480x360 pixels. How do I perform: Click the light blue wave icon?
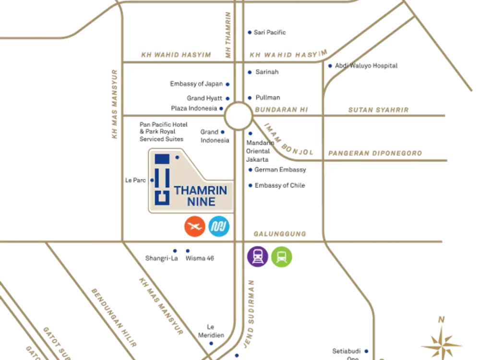pyautogui.click(x=220, y=227)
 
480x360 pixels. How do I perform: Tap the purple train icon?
pyautogui.click(x=258, y=256)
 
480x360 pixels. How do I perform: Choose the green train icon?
pyautogui.click(x=281, y=256)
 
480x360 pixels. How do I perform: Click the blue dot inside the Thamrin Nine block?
pyautogui.click(x=177, y=157)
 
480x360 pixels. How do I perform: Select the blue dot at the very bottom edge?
pyautogui.click(x=237, y=356)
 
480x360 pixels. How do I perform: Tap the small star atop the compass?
pyautogui.click(x=442, y=318)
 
